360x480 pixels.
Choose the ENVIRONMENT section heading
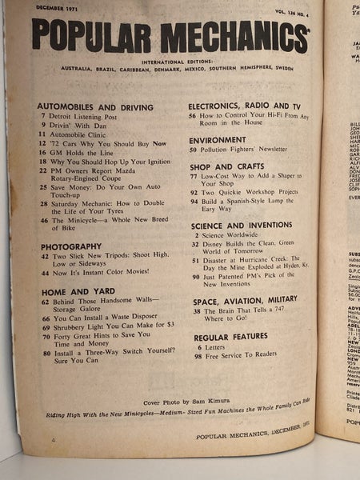[218, 138]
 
